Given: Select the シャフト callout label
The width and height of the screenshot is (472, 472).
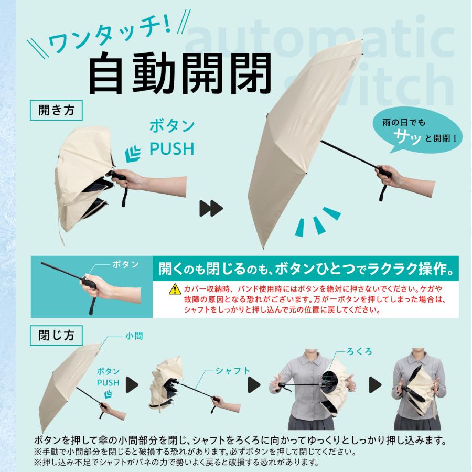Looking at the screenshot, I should click(x=232, y=370).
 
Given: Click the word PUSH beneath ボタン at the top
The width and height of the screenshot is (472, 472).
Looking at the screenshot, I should click(x=171, y=149).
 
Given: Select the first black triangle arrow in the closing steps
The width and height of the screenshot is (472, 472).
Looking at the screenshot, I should click(x=131, y=385).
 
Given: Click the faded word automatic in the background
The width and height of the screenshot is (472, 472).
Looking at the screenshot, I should click(x=320, y=42).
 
